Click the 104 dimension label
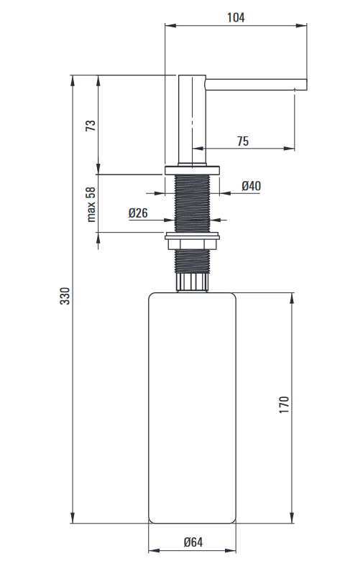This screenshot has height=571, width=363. [236, 17]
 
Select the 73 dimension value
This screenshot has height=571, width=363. [91, 126]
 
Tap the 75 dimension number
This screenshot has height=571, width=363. [243, 141]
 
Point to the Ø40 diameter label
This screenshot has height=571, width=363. [251, 186]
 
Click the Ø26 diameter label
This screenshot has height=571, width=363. [138, 213]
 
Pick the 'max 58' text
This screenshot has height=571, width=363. [91, 204]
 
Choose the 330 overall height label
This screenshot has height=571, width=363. [65, 296]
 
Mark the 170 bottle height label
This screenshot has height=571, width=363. [284, 404]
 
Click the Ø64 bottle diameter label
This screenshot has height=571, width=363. [193, 542]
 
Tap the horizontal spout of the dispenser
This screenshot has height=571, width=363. [256, 85]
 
